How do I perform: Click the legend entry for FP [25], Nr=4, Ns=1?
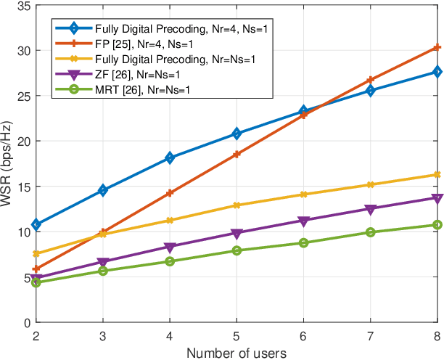coord(131,44)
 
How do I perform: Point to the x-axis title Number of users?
coord(237,352)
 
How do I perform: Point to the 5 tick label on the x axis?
coord(237,335)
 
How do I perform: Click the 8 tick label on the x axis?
coord(437,335)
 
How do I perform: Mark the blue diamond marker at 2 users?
coord(36,225)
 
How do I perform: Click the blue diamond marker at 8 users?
coord(437,72)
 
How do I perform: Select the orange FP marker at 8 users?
coord(437,48)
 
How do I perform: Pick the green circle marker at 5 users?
coord(237,250)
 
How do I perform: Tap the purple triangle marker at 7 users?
coord(370,209)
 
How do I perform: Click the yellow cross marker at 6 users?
coord(303,195)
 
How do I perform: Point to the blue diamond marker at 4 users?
coord(170,157)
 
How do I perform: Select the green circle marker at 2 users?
coord(36,282)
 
